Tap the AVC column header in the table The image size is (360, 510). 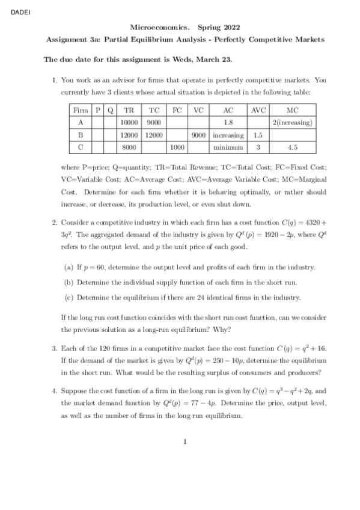click(258, 111)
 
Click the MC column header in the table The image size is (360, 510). click(293, 111)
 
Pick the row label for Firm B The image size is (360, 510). click(79, 135)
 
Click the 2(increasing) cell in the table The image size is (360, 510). click(293, 123)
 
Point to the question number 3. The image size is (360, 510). click(54, 348)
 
